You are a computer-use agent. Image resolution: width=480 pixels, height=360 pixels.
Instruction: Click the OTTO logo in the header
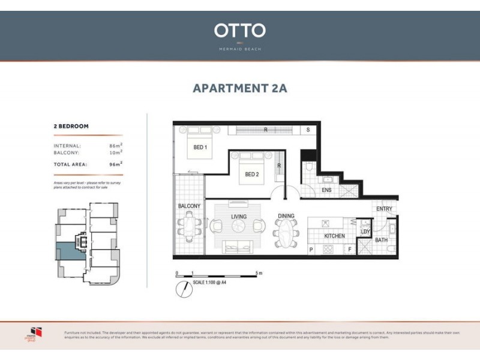[x=239, y=31]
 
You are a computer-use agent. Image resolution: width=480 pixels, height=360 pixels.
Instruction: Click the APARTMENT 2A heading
[x=239, y=88]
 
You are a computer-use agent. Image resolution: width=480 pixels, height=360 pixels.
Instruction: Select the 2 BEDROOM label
[x=71, y=127]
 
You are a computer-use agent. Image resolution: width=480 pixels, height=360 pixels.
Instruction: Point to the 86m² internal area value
[x=116, y=146]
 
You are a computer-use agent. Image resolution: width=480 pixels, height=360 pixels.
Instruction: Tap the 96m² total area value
[x=116, y=163]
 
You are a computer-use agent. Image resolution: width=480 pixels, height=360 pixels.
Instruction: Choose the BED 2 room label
[x=251, y=175]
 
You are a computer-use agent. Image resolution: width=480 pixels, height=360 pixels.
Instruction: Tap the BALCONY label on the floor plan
[x=189, y=206]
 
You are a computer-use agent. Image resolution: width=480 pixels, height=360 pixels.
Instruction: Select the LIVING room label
[x=239, y=216]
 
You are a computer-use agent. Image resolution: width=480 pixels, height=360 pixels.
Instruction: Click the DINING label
[x=286, y=216]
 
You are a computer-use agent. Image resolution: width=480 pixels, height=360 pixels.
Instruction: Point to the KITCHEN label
[x=334, y=236]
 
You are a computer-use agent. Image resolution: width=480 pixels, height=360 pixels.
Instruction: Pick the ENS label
[x=326, y=190]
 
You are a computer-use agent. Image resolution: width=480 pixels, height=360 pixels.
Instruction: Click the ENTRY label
[x=384, y=209]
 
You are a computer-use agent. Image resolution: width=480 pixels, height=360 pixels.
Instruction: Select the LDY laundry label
[x=365, y=231]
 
